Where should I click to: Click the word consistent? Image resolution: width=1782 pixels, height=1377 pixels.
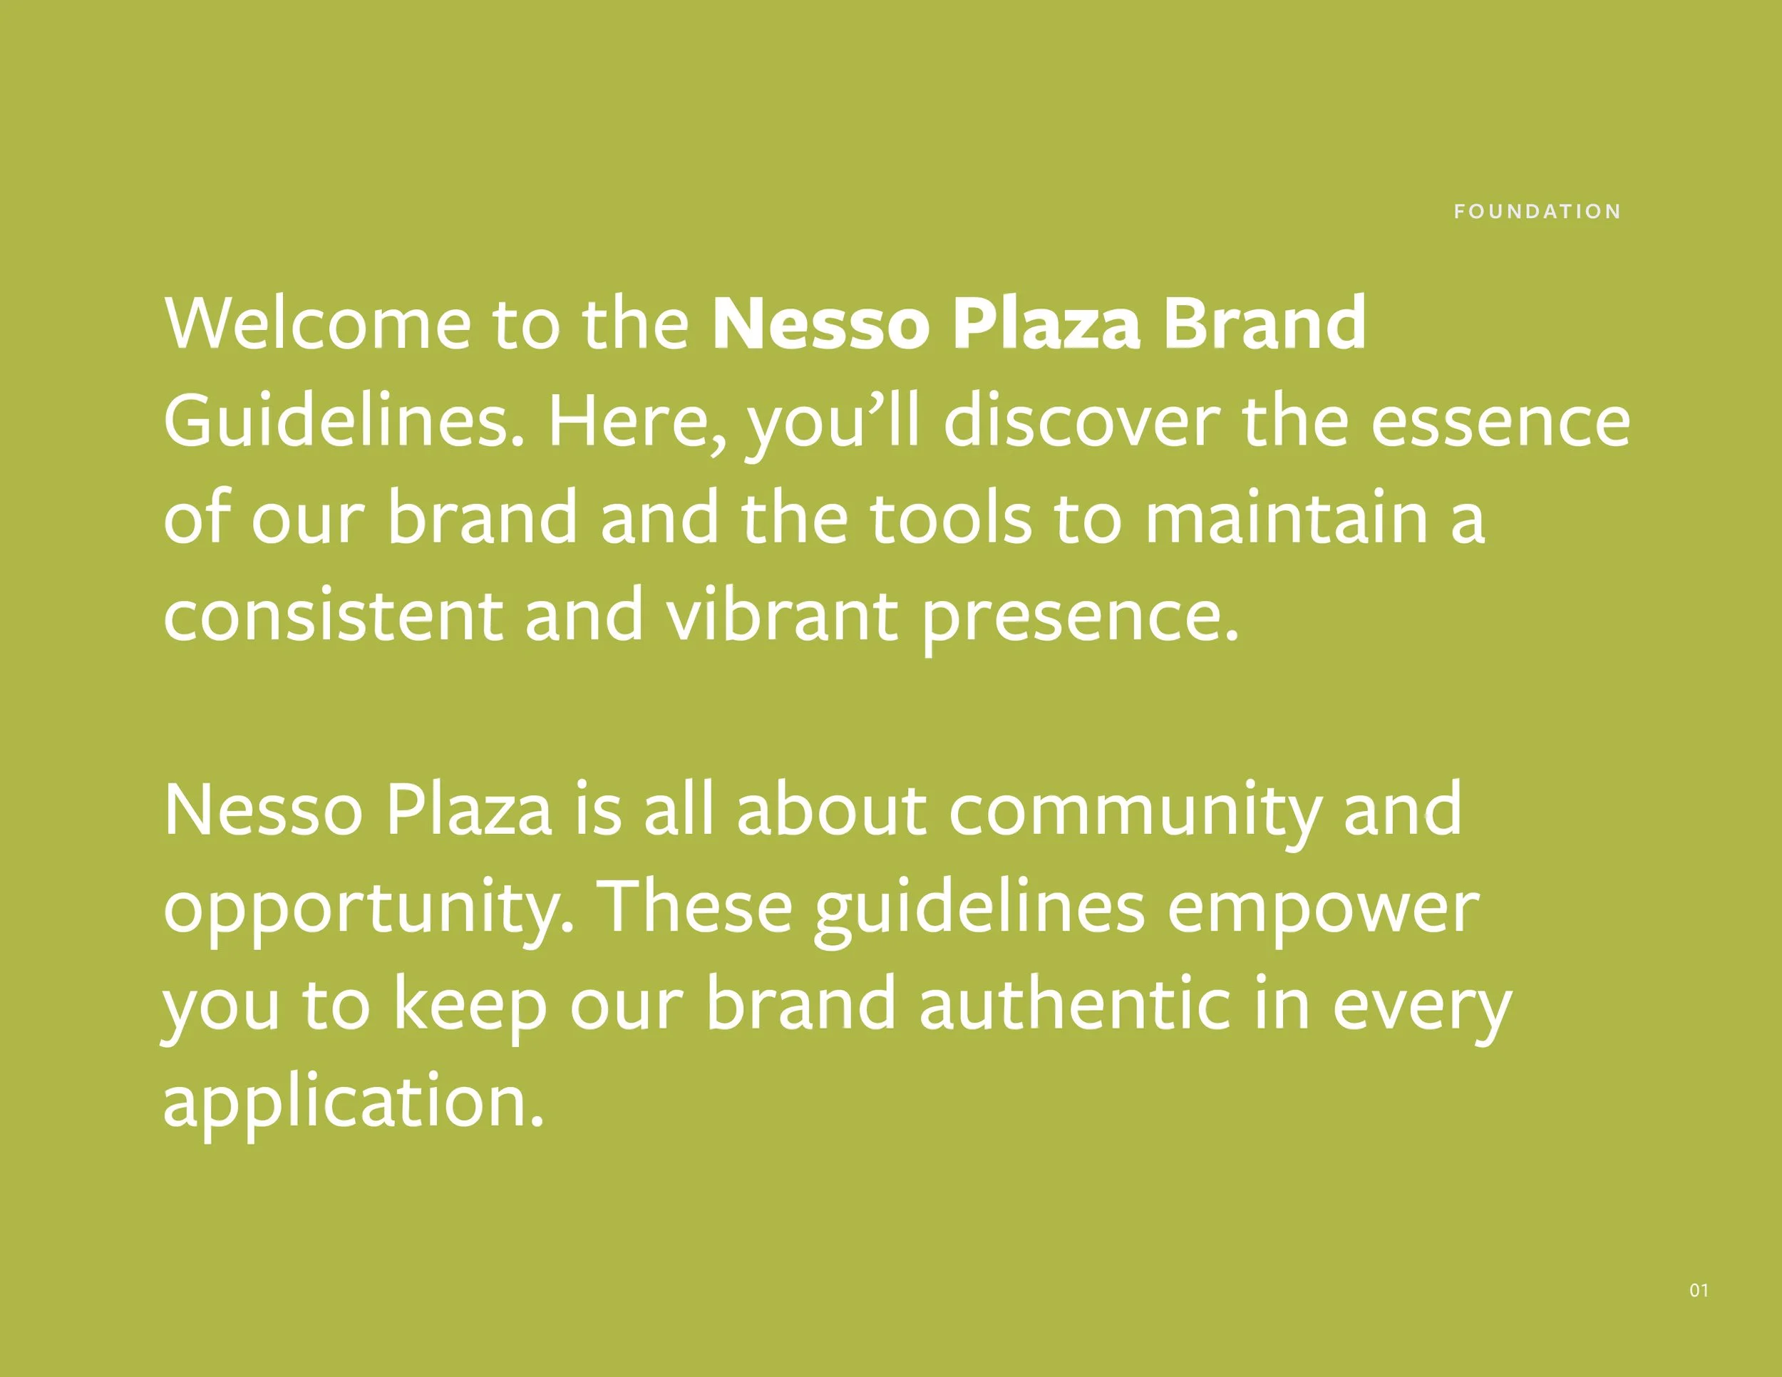pos(333,615)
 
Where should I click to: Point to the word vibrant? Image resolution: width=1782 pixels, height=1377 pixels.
pos(782,615)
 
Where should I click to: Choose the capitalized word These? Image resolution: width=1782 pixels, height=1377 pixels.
pos(697,908)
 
